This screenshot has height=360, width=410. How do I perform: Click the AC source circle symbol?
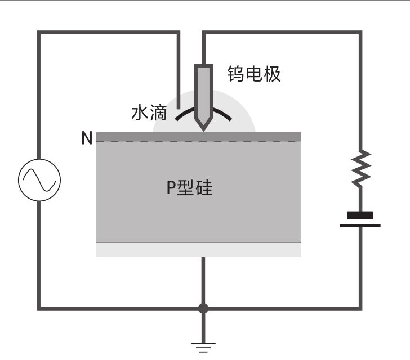(39, 180)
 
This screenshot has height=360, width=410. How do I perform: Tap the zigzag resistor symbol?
(361, 169)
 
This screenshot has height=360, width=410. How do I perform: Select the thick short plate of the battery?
(360, 215)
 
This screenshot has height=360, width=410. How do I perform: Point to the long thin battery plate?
(360, 226)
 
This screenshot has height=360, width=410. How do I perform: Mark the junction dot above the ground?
(203, 309)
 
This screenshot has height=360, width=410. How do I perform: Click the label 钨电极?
(254, 74)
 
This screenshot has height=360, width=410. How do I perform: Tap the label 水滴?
(149, 113)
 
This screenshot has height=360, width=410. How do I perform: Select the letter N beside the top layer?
(87, 138)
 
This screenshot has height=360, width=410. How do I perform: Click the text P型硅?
(190, 187)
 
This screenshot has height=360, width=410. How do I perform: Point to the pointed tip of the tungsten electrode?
(203, 130)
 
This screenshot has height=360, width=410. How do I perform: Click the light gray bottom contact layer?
(199, 250)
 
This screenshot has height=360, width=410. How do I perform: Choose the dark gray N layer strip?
(199, 137)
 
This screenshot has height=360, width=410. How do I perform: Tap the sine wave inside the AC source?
(39, 180)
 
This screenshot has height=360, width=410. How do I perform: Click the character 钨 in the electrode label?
(236, 74)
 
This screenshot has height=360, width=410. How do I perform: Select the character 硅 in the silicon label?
(204, 187)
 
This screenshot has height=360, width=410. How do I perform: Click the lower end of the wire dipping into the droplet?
(179, 108)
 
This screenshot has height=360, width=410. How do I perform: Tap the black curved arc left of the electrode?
(185, 114)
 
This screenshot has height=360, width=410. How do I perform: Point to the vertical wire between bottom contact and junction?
(203, 280)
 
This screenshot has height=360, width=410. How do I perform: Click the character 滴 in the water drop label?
(158, 113)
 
